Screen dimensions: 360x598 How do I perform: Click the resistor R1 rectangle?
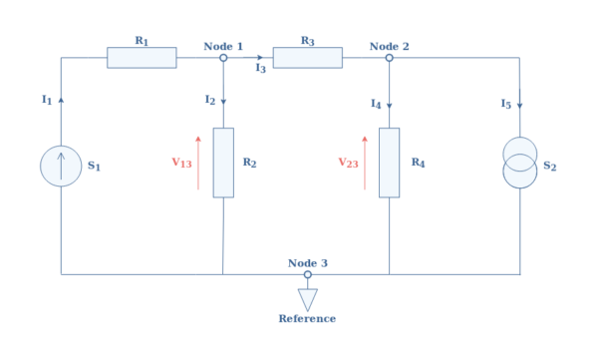pyautogui.click(x=142, y=58)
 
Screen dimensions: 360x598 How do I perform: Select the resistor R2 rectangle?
pyautogui.click(x=223, y=163)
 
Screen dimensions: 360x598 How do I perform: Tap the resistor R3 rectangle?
pyautogui.click(x=307, y=58)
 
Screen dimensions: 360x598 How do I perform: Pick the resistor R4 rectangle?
pyautogui.click(x=389, y=163)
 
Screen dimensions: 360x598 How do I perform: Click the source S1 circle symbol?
pyautogui.click(x=61, y=166)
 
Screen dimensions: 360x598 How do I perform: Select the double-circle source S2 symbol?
pyautogui.click(x=519, y=163)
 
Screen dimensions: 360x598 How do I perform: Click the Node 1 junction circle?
pyautogui.click(x=223, y=58)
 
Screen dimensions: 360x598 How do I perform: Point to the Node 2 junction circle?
pyautogui.click(x=389, y=58)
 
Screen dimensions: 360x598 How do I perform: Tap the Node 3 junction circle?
pyautogui.click(x=307, y=274)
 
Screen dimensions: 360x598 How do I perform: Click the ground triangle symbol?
pyautogui.click(x=307, y=298)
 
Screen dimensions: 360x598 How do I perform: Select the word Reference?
pyautogui.click(x=307, y=319)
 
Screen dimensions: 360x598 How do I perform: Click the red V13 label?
pyautogui.click(x=181, y=163)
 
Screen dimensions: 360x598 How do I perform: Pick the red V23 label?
pyautogui.click(x=348, y=163)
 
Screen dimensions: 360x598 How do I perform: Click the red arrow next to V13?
pyautogui.click(x=198, y=163)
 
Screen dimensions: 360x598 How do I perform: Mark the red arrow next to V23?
pyautogui.click(x=365, y=163)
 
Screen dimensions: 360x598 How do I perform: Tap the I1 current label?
pyautogui.click(x=46, y=100)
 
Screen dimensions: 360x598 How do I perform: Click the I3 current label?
pyautogui.click(x=259, y=69)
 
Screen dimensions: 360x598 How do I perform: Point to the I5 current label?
pyautogui.click(x=505, y=103)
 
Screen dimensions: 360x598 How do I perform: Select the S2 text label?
pyautogui.click(x=549, y=167)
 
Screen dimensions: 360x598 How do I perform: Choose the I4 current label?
pyautogui.click(x=375, y=104)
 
